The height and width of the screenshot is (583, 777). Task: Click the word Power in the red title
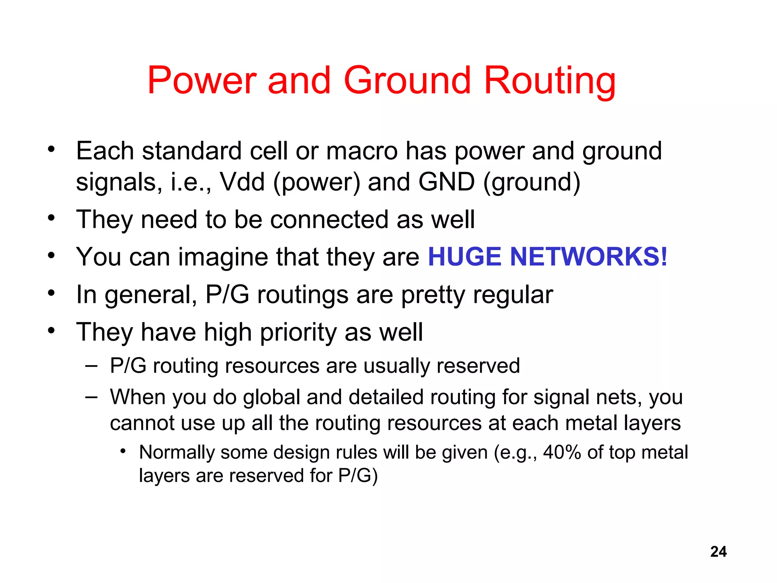[x=201, y=80]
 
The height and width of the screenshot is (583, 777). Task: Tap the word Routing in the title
[x=550, y=80]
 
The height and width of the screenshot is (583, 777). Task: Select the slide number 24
[x=718, y=551]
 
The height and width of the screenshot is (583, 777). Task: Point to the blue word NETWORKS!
[x=588, y=257]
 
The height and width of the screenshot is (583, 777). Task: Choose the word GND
[x=446, y=182]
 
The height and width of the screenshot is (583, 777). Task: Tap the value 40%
[x=562, y=452]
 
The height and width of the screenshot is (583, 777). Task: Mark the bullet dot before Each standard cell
[x=52, y=149]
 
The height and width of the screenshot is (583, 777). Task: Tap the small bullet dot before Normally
[x=123, y=451]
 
